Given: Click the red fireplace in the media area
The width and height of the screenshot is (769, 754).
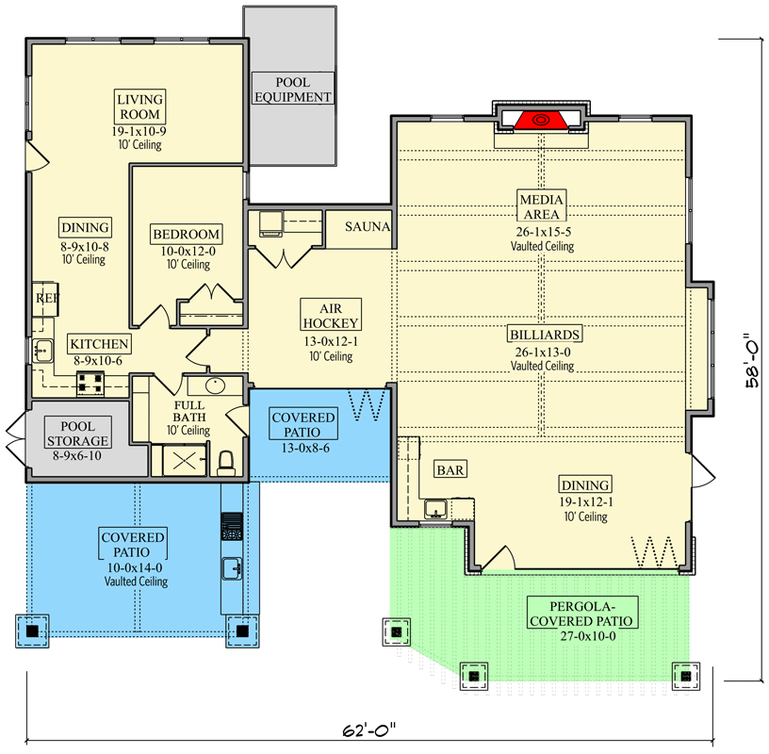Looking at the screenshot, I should pos(541,120).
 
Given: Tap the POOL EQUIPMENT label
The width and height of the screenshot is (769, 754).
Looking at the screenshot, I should pos(291,90).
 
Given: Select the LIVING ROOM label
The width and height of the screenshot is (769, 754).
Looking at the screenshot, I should pos(139,107).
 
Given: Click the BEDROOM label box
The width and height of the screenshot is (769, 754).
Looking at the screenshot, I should pos(186,234).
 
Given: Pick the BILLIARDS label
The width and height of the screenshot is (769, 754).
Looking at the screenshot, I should pos(543,334).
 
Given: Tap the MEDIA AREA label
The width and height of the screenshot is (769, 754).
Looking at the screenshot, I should pos(542,207).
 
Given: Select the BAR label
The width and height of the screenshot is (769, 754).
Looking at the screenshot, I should pos(447,468).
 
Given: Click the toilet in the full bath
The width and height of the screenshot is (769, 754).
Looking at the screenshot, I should pos(226,462).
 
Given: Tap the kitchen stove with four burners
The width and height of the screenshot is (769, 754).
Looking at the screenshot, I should pos(91,384).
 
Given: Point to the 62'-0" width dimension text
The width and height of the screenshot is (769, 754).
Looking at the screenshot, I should pos(368,729).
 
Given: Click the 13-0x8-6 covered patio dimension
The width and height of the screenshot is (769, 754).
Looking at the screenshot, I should pos(303,449).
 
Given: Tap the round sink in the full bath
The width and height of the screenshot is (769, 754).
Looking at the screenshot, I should pos(214,385).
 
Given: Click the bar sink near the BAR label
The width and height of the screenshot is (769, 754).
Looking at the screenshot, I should pos(435,510).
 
